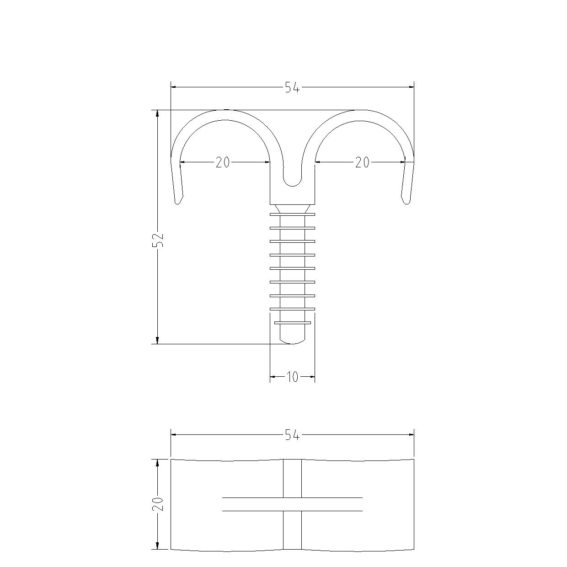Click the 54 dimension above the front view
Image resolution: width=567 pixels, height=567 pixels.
[293, 87]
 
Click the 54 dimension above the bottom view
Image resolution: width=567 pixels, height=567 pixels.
[293, 434]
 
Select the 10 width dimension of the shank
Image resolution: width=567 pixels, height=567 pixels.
[292, 377]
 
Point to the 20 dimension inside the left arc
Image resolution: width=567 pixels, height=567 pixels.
[222, 162]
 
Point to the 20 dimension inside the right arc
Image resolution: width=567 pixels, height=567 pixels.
[362, 162]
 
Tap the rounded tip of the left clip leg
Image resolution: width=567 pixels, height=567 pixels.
[177, 202]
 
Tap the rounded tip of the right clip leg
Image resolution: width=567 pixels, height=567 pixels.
[407, 202]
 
